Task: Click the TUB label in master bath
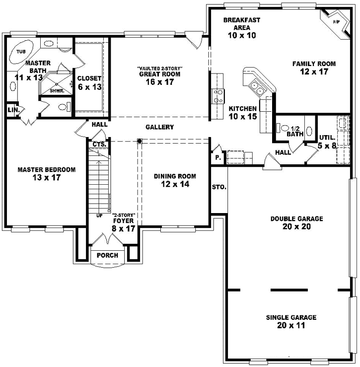pos(21,52)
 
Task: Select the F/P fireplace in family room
pos(336,22)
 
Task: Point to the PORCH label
pos(107,255)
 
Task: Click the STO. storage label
pos(219,188)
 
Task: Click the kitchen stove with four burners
pos(217,95)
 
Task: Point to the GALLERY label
pos(159,127)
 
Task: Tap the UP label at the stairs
pos(99,216)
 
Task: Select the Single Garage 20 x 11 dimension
pos(291,326)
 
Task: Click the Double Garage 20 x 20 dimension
pos(296,227)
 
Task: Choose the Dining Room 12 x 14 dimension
pos(174,184)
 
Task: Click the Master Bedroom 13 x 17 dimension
pos(46,178)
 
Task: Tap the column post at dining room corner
pos(140,141)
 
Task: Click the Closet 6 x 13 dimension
pos(89,87)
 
